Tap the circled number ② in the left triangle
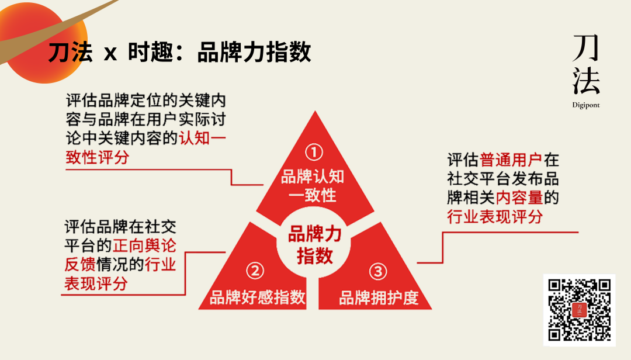pos(255,271)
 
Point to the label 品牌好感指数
pos(258,297)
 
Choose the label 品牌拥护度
pos(379,297)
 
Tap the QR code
pos(579,310)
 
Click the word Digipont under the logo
pos(585,106)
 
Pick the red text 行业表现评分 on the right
pos(495,216)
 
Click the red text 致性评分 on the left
pos(98,157)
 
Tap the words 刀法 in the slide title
pos(70,53)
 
